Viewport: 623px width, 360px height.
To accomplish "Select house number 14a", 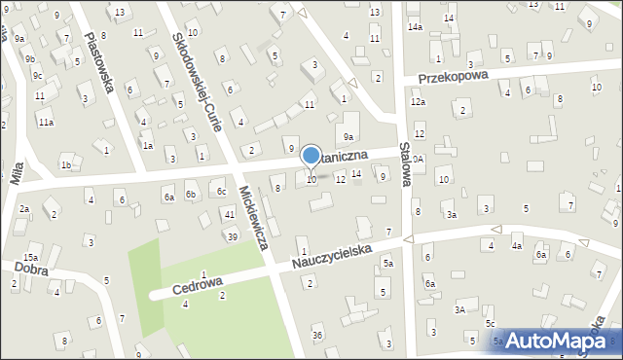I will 415,27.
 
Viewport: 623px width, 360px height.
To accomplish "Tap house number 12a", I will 418,102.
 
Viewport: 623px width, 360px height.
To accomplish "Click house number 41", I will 230,214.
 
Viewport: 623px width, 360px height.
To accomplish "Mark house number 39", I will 233,236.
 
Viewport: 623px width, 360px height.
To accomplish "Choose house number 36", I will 317,336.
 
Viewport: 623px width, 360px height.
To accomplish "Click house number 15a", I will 31,258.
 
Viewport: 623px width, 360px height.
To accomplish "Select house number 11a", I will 46,123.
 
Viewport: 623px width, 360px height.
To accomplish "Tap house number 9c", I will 37,75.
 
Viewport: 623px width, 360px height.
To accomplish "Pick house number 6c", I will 221,191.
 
